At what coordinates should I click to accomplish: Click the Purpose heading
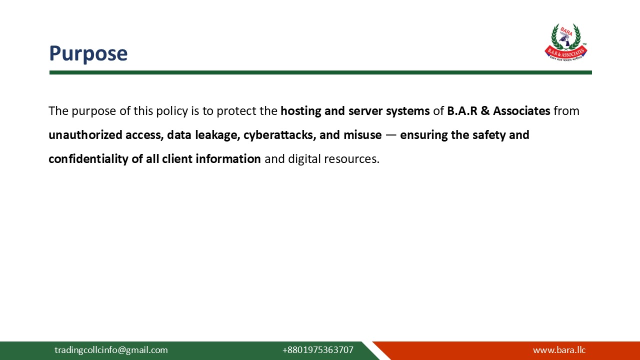click(88, 53)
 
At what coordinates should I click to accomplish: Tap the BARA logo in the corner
click(565, 42)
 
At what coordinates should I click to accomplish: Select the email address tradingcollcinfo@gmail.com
click(111, 350)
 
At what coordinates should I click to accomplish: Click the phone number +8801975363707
click(317, 350)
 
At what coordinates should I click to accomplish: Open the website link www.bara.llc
click(559, 350)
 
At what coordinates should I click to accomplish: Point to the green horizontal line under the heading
click(320, 72)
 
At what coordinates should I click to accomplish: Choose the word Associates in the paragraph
click(521, 111)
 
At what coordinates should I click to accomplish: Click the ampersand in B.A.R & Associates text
click(485, 111)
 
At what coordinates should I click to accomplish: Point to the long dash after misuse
click(391, 135)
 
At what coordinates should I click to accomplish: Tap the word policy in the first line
click(172, 111)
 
